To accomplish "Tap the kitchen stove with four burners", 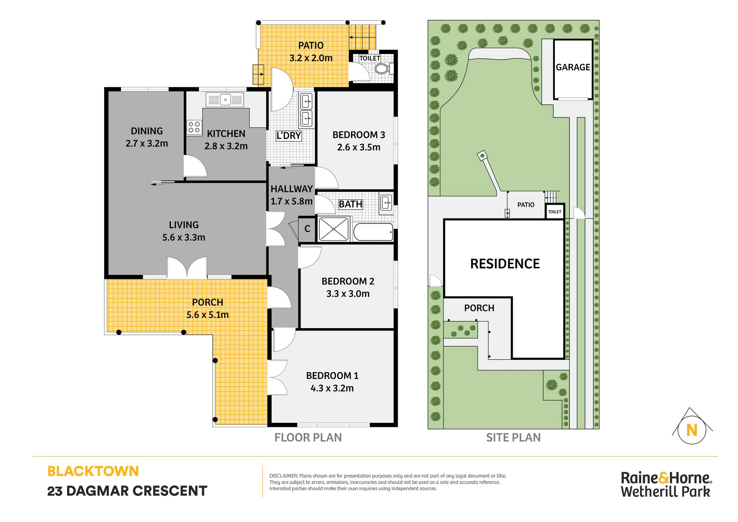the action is pos(194,127).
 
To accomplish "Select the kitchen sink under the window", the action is pos(225,100).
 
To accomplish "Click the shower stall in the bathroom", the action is pos(334,229).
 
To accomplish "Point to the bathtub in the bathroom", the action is pos(373,232).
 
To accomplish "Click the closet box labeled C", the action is pos(307,229).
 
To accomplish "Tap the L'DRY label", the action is pos(289,136).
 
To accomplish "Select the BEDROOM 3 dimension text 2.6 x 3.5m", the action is pos(359,147).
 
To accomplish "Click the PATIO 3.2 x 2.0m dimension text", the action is pos(311,58).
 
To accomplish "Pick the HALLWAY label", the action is pos(292,189).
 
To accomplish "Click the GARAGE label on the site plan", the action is pos(573,67).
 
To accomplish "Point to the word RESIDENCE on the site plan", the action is pos(505,264).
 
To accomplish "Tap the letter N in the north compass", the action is pos(692,430).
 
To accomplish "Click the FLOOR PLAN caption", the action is pos(308,438).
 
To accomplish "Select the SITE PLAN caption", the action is pos(514,438).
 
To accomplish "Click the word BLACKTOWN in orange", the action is pos(93,471).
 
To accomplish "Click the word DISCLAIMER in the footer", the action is pos(284,476).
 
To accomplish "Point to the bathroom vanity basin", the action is pos(386,203).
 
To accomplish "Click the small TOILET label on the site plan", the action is pos(555,212).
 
